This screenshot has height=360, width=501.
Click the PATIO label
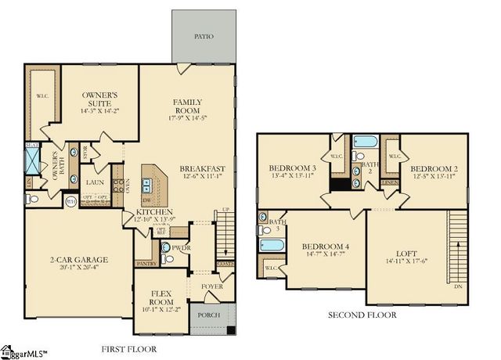point(204,37)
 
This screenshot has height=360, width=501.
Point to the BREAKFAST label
point(202,168)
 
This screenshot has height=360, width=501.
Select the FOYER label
point(211,286)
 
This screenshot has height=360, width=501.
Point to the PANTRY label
point(146,265)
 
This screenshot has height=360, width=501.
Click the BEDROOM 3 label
point(291,168)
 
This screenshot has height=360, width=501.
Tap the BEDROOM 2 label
point(433,168)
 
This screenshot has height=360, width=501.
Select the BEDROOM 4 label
point(325,247)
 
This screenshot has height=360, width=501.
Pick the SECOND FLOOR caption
point(362,315)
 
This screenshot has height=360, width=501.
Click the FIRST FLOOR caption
point(129,348)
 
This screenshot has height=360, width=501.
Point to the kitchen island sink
point(146,185)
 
